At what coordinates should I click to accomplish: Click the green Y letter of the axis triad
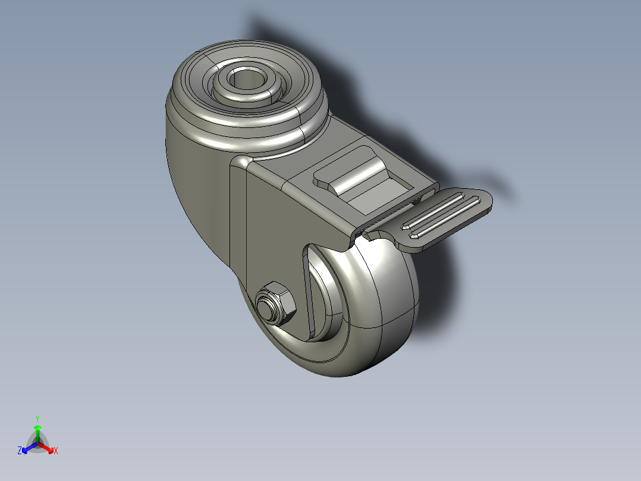[x=37, y=418]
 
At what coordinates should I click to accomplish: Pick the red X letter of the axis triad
[x=55, y=451]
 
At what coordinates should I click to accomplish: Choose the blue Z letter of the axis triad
[x=20, y=451]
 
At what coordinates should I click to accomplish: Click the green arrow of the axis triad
[x=37, y=431]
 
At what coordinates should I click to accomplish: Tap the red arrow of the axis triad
[x=48, y=447]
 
